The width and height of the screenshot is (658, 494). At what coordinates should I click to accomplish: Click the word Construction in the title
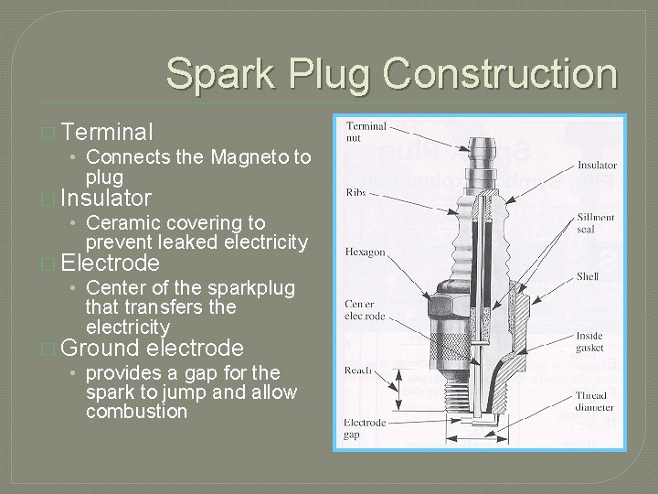coord(501,73)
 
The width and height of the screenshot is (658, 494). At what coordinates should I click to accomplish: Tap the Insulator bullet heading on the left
coord(108,198)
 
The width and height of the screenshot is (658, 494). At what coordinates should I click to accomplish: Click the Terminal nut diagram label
coord(366,132)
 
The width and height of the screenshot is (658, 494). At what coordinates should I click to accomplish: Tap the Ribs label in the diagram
coord(356,193)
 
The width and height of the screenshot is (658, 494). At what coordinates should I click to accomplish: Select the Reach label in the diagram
coord(358,370)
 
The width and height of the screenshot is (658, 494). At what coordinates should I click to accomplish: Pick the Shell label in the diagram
coord(588,275)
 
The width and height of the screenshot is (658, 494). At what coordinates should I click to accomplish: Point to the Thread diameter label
coord(595,402)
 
